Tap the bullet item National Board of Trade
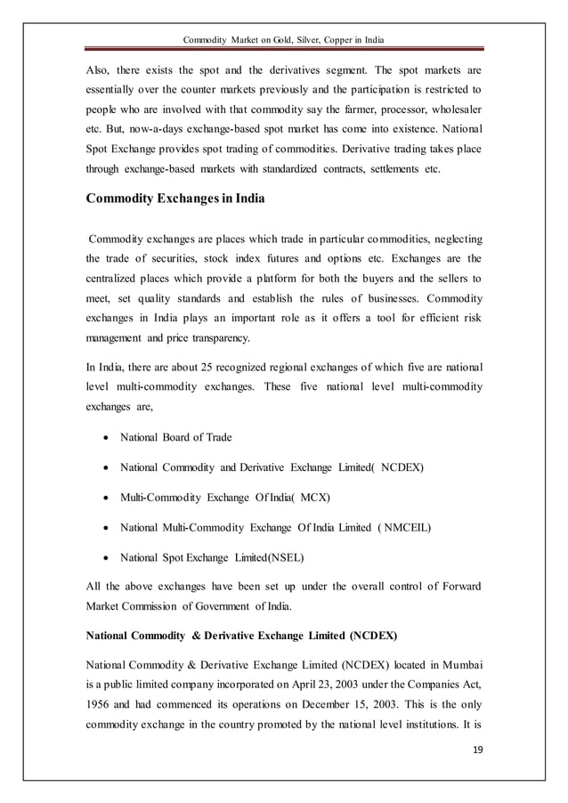tap(175, 437)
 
